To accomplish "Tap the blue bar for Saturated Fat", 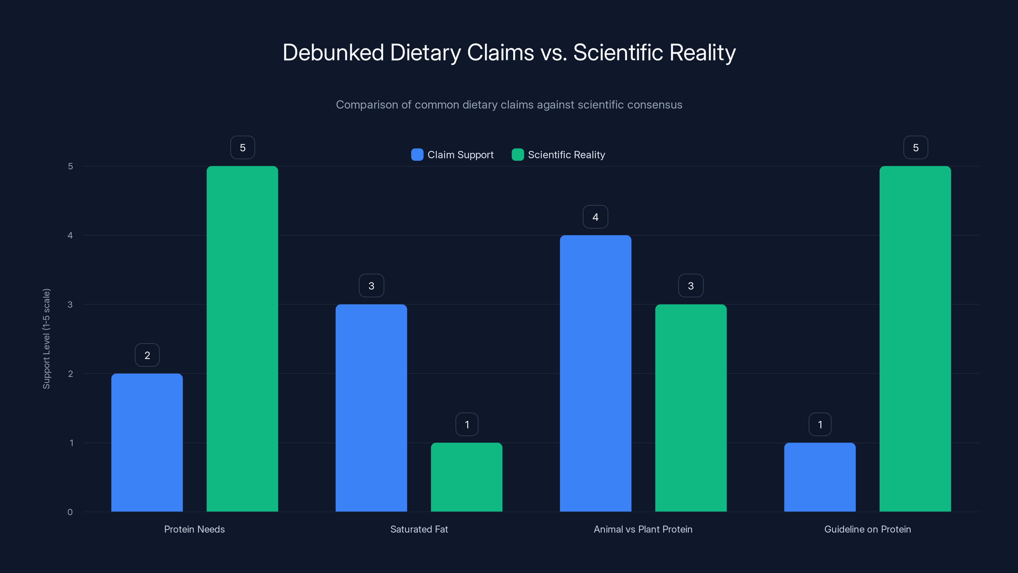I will (371, 408).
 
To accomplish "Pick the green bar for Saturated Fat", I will (466, 477).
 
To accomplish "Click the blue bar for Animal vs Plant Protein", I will (595, 373).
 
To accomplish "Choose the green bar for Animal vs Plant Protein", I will (691, 408).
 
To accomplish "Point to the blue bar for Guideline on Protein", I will (819, 477).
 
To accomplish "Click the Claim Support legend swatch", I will (417, 155).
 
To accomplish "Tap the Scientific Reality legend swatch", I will (518, 155).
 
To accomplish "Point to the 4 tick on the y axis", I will (70, 235).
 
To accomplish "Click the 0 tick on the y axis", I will (70, 512).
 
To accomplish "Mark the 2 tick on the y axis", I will (70, 374).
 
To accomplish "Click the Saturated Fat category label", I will (419, 529).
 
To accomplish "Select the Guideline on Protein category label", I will (868, 529).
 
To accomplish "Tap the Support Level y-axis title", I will (47, 339).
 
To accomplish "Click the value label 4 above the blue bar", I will (595, 217).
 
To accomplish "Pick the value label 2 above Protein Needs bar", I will (147, 355).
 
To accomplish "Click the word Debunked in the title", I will (333, 53).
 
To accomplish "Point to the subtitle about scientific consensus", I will (509, 105).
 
